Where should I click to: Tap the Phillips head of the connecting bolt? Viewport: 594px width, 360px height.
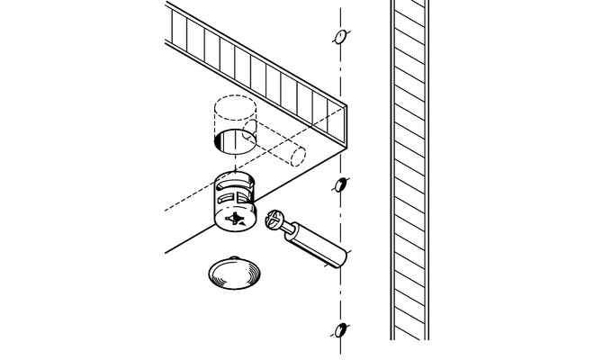click(x=274, y=220)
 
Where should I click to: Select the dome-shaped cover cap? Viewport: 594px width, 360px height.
click(x=231, y=274)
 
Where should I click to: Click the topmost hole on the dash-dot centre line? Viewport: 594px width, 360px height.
click(x=340, y=38)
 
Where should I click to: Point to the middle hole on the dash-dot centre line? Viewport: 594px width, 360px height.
click(x=341, y=186)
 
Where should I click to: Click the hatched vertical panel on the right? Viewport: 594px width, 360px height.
click(x=409, y=171)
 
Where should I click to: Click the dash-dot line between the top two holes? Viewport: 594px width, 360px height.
click(x=340, y=108)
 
